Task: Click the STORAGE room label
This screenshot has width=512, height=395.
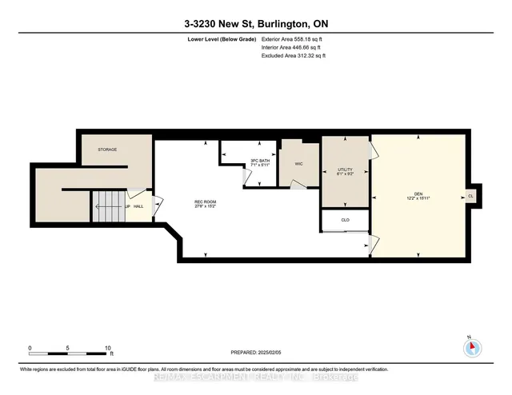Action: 108,150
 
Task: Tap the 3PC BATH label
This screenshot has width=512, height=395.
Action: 258,163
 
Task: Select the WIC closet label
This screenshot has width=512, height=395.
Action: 298,164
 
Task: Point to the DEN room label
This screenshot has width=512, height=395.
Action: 418,196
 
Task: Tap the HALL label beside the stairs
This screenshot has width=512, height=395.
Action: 138,206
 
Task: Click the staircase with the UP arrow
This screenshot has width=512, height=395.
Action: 107,206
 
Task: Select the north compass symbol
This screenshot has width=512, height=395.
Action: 472,347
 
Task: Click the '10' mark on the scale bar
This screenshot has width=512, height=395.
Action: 108,348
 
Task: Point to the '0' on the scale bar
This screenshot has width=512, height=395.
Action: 30,348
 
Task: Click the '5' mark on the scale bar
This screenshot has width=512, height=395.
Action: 69,348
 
